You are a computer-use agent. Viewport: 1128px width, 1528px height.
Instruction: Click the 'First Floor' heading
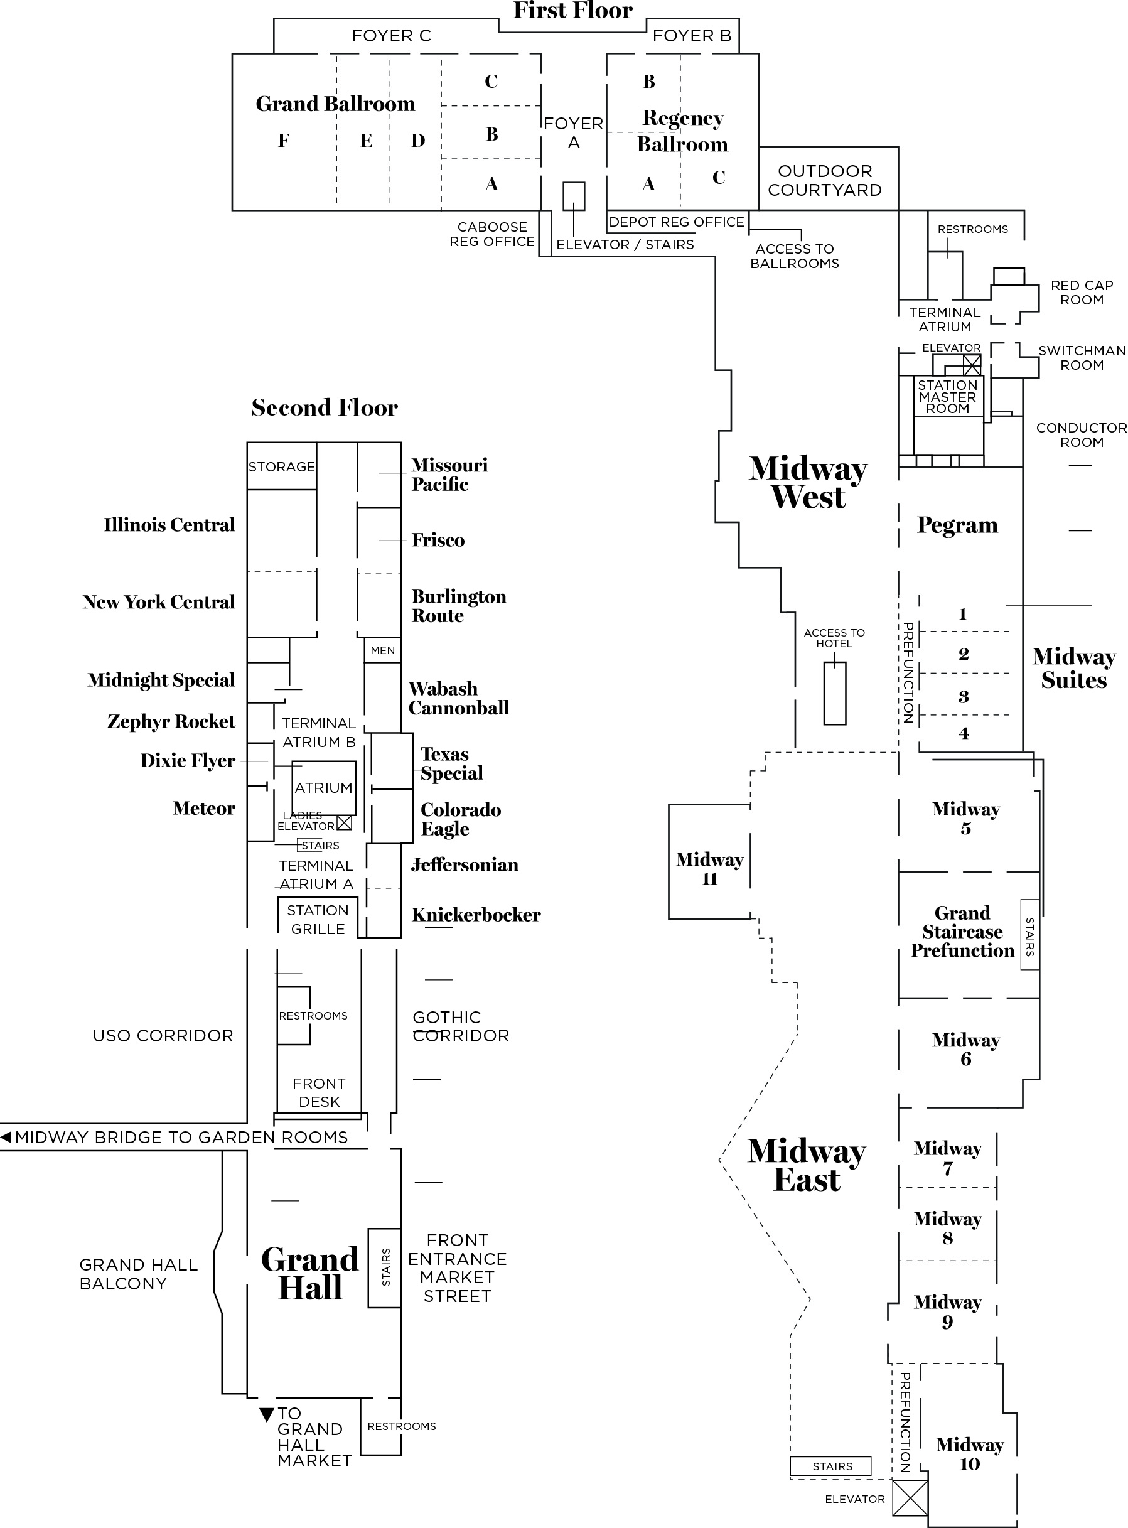(572, 11)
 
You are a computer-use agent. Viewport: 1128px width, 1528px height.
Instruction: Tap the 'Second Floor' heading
(325, 407)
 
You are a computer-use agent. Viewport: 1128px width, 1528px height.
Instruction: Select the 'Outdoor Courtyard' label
(825, 180)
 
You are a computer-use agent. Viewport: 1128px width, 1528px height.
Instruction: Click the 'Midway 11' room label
(709, 868)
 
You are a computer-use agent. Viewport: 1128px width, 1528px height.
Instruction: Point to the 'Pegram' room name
(957, 525)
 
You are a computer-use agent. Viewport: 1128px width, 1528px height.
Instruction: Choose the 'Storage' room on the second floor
(281, 467)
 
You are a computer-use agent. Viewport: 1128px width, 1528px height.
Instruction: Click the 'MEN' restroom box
(382, 650)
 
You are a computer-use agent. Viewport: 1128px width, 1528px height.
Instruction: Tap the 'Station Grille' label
(318, 919)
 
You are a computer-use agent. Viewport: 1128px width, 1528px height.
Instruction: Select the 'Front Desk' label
(319, 1092)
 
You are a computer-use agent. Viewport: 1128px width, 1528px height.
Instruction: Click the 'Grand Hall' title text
(310, 1273)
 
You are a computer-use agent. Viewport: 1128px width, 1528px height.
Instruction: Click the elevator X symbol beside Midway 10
(910, 1498)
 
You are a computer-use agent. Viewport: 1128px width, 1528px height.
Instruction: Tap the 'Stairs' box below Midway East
(831, 1466)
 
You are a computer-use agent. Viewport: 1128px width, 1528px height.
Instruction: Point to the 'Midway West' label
(808, 483)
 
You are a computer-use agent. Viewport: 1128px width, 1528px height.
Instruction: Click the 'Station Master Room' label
(948, 397)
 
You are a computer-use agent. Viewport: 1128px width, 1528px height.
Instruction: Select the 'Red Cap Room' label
(1082, 292)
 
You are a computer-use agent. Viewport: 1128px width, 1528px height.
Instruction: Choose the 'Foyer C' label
(391, 36)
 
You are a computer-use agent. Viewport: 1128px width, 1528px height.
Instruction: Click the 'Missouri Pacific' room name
(449, 475)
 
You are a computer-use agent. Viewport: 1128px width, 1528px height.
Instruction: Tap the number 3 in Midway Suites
(964, 696)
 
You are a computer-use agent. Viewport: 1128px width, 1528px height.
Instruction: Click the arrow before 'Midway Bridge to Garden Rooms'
(6, 1137)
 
